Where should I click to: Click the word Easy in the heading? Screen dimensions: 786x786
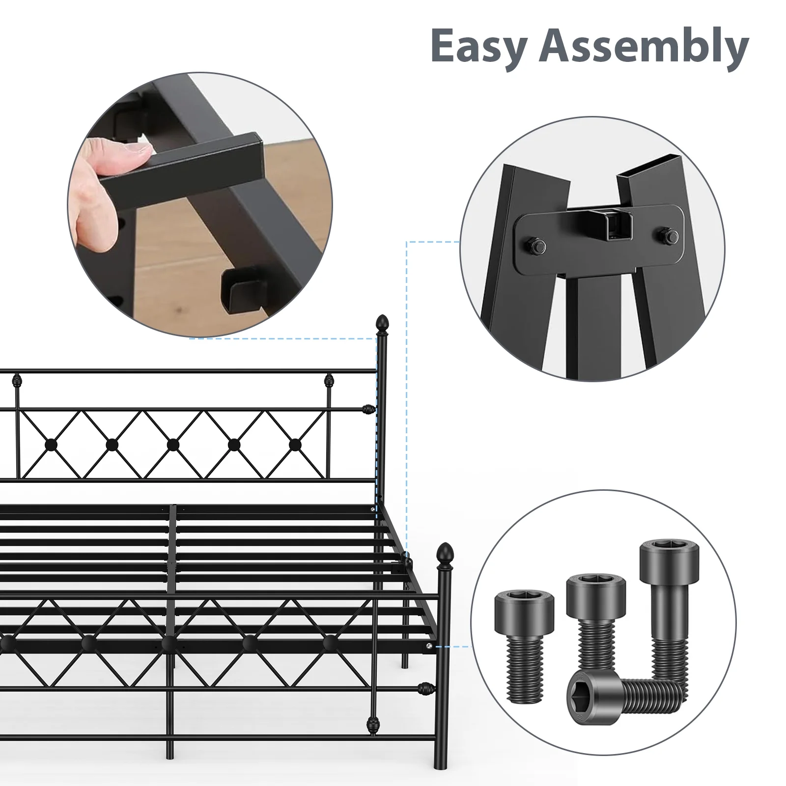coord(479,46)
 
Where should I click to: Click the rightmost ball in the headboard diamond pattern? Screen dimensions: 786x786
coord(295,445)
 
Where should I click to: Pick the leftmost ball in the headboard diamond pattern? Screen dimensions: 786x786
coord(51,445)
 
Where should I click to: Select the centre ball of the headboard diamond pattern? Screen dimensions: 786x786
coord(173,445)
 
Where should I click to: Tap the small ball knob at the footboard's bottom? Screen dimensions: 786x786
coord(373,724)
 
